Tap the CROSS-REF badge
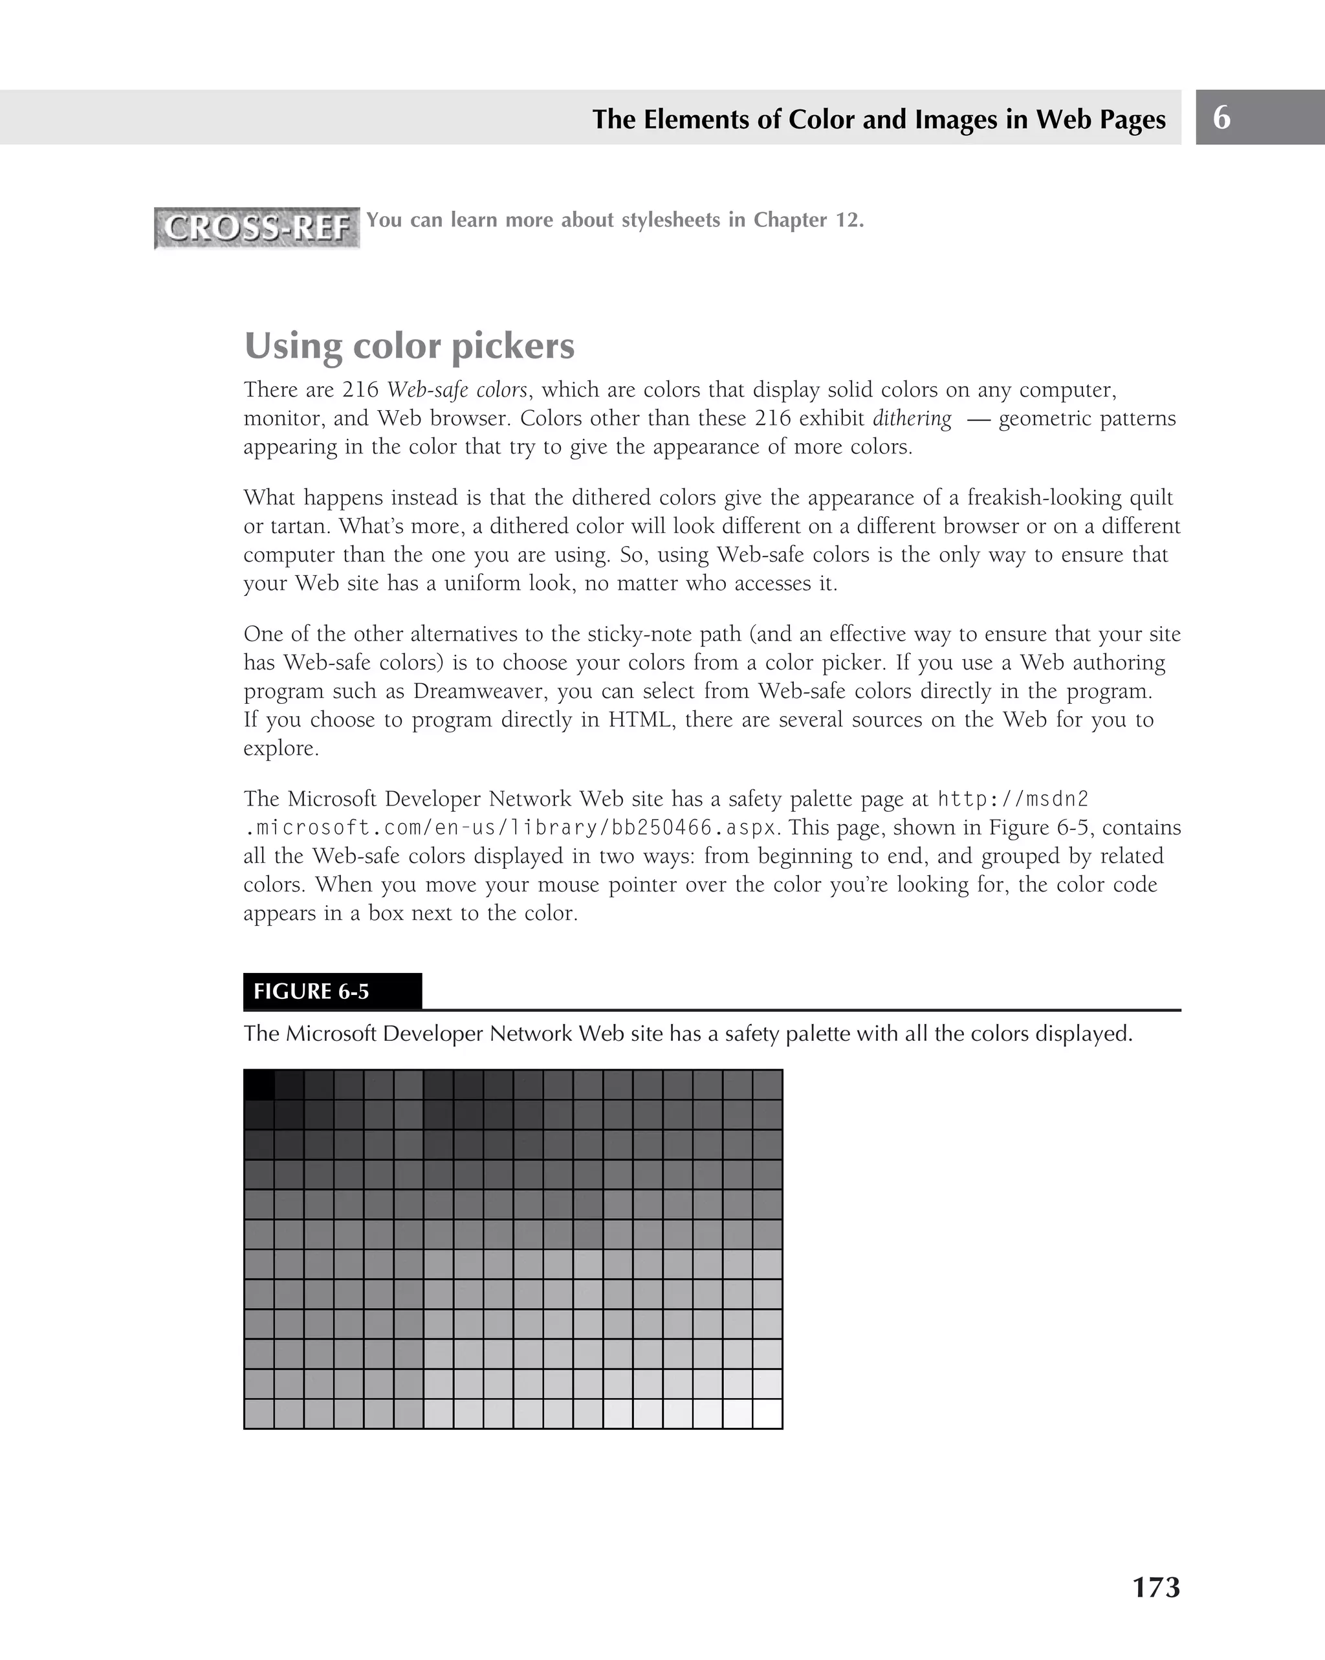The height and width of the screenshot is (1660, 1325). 257,228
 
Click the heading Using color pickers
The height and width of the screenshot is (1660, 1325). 409,345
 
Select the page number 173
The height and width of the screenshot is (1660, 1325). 1155,1587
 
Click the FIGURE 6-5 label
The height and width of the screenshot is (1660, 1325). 311,992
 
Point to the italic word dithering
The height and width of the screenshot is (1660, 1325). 912,419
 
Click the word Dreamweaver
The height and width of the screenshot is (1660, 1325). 479,692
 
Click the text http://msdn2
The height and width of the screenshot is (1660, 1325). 1013,799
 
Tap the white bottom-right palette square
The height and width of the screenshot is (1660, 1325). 767,1414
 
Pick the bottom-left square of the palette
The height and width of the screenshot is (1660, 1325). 259,1414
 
